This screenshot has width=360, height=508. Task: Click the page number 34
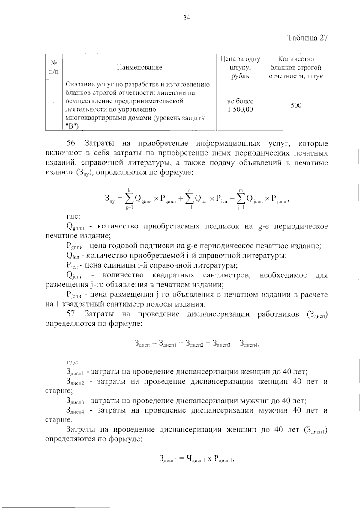(187, 18)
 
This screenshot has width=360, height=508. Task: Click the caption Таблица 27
(307, 38)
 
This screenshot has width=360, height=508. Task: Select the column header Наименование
(139, 67)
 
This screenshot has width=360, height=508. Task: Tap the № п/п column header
(54, 67)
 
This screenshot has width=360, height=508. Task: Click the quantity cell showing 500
(296, 105)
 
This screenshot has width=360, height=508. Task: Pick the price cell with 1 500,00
(240, 110)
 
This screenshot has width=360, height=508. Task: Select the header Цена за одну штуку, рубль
(240, 67)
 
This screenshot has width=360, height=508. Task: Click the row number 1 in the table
(54, 105)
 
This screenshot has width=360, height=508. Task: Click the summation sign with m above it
(241, 198)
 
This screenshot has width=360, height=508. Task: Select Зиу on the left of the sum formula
(110, 198)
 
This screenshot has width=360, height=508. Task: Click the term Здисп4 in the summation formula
(248, 344)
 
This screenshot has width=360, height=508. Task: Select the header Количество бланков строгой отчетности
(296, 67)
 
